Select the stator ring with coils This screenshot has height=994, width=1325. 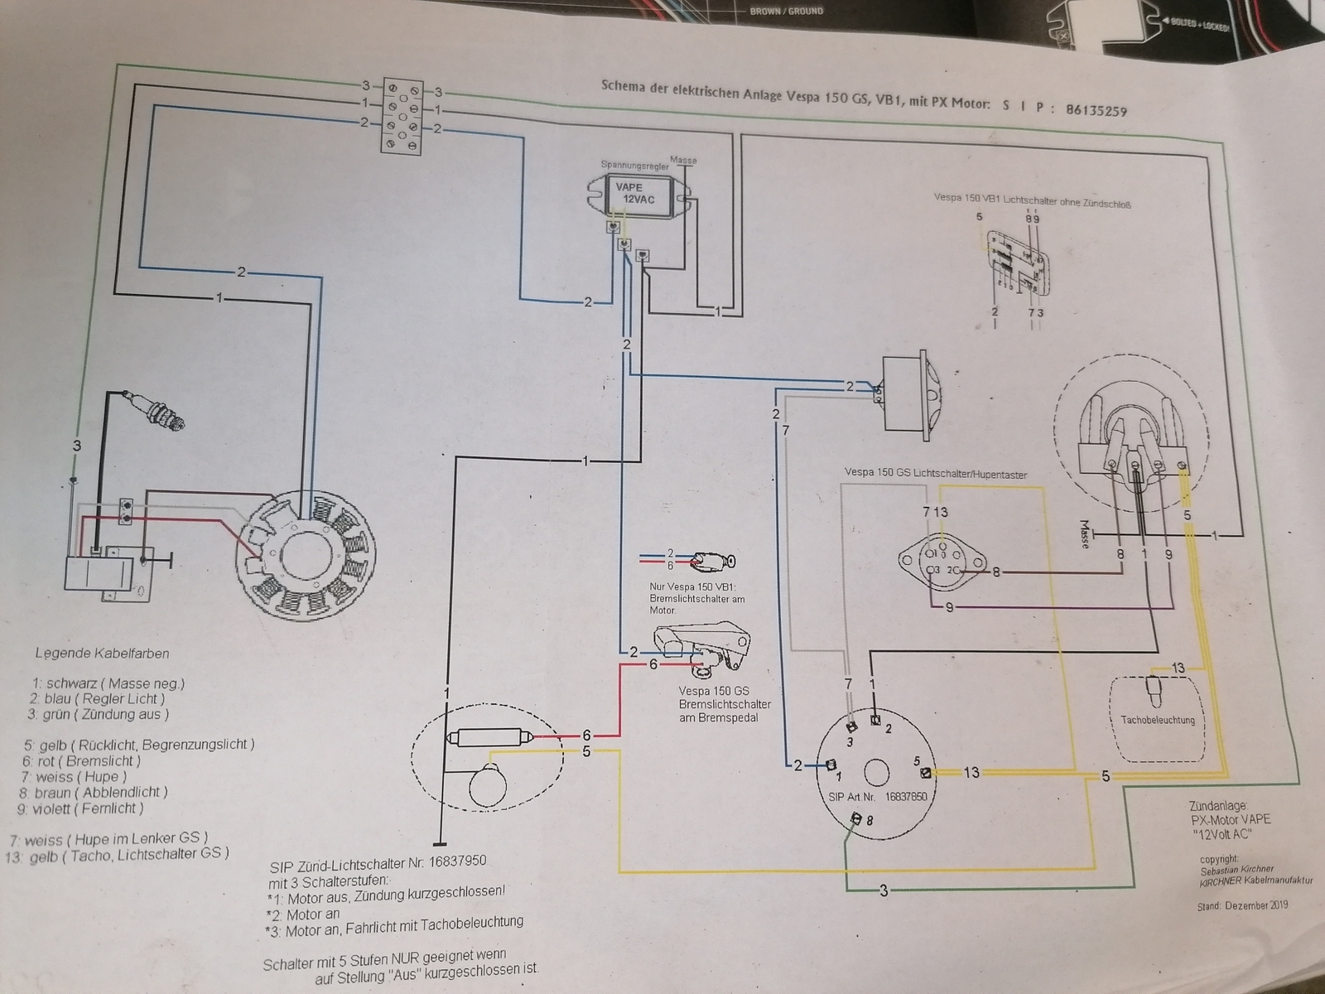click(x=304, y=555)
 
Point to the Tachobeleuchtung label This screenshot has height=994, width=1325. click(x=1158, y=720)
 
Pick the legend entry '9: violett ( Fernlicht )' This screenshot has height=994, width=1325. click(x=89, y=808)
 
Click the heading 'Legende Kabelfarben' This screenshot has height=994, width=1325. click(x=102, y=653)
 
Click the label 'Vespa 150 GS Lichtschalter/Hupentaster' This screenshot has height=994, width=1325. click(x=935, y=474)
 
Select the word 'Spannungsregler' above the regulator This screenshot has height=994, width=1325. click(x=634, y=166)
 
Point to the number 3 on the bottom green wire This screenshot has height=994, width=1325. click(x=884, y=891)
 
